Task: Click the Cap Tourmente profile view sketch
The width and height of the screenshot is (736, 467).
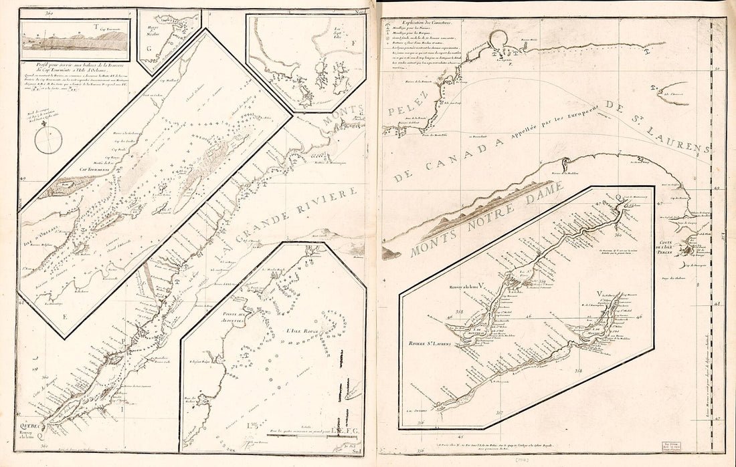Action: click(x=75, y=41)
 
